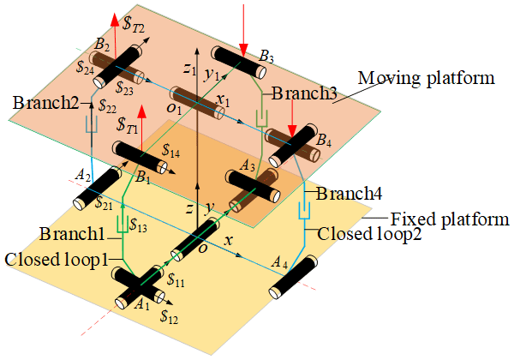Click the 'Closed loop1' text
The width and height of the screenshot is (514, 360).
coord(57,259)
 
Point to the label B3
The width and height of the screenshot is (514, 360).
coord(266,57)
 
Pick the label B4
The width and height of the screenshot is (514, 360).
coord(325,141)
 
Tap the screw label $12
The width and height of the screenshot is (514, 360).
coord(170,315)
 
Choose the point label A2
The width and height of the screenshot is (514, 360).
coord(83,175)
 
